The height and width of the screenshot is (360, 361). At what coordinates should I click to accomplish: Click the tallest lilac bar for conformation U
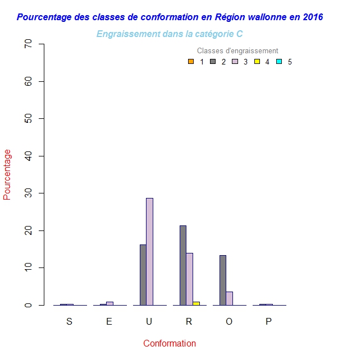tap(149, 252)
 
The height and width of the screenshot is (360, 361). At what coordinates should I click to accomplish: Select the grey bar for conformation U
tap(143, 275)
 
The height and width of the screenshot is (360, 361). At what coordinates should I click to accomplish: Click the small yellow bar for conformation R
tap(196, 303)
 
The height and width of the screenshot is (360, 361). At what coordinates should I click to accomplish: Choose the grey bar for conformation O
tap(223, 280)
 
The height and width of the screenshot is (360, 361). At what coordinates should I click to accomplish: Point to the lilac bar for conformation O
tap(229, 298)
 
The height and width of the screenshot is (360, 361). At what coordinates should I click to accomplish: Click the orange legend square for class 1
tap(191, 62)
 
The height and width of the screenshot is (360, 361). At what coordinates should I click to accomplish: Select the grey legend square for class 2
tap(213, 62)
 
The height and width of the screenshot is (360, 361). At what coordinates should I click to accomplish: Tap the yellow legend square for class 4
tap(257, 62)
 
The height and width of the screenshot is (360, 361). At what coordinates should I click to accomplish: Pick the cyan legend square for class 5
tap(278, 62)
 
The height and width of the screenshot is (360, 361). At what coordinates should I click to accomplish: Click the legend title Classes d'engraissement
tap(237, 51)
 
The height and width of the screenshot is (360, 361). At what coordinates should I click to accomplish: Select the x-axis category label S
tap(69, 322)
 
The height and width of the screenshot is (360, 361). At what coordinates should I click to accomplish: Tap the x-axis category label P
tap(268, 322)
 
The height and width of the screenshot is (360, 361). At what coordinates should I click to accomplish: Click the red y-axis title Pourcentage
tap(7, 174)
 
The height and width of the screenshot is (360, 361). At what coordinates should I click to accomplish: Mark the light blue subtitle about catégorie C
tap(170, 34)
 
